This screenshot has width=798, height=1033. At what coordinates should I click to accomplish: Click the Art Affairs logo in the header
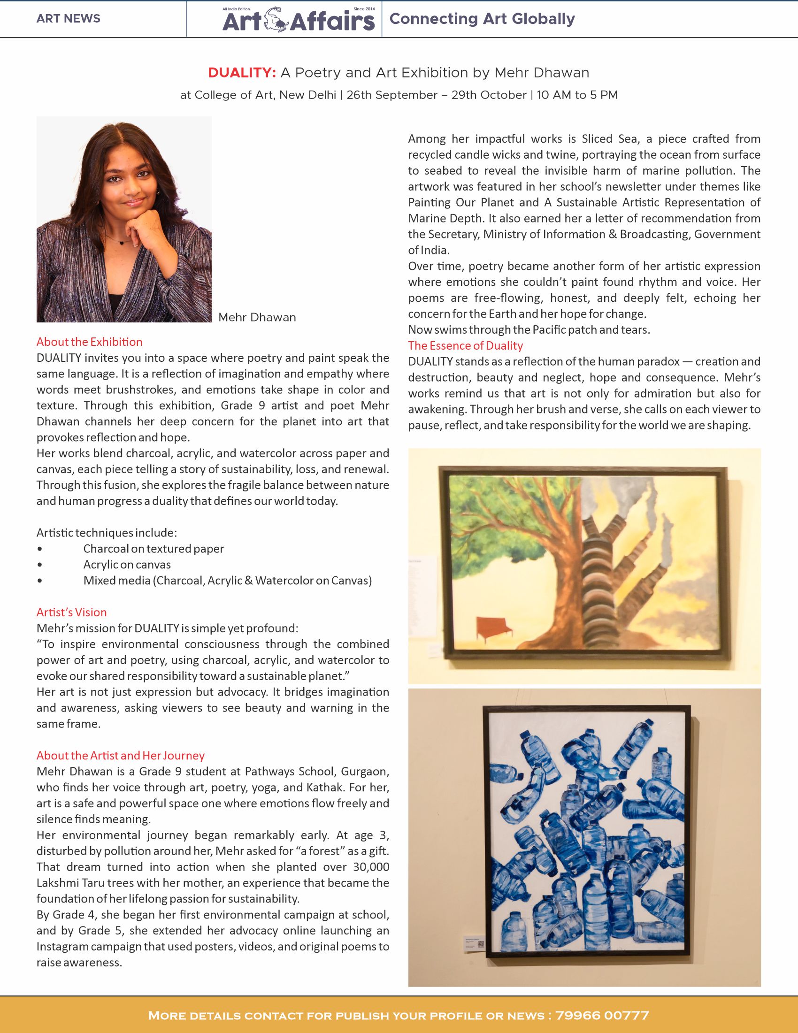pyautogui.click(x=298, y=20)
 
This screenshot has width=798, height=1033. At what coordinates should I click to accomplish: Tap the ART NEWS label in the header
pyautogui.click(x=68, y=19)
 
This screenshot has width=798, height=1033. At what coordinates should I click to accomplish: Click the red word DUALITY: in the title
pyautogui.click(x=242, y=73)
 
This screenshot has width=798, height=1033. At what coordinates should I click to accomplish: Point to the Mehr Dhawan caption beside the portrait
pyautogui.click(x=257, y=317)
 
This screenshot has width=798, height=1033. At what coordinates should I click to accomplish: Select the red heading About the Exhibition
pyautogui.click(x=89, y=342)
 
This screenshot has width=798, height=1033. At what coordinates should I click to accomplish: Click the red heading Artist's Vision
pyautogui.click(x=71, y=612)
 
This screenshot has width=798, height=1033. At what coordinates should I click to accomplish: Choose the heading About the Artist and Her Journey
pyautogui.click(x=121, y=755)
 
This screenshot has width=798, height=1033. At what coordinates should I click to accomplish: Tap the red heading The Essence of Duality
pyautogui.click(x=466, y=346)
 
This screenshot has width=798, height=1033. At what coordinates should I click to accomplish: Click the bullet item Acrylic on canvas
pyautogui.click(x=127, y=565)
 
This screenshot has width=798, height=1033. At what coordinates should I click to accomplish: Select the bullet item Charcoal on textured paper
pyautogui.click(x=153, y=549)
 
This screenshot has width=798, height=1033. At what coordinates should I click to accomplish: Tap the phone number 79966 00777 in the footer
pyautogui.click(x=602, y=1016)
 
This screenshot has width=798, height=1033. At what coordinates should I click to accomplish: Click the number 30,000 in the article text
pyautogui.click(x=371, y=867)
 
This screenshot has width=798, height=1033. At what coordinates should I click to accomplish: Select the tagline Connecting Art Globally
pyautogui.click(x=482, y=19)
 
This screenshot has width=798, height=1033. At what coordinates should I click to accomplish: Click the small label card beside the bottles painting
pyautogui.click(x=475, y=945)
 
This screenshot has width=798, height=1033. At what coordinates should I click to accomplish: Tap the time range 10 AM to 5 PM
pyautogui.click(x=577, y=95)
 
